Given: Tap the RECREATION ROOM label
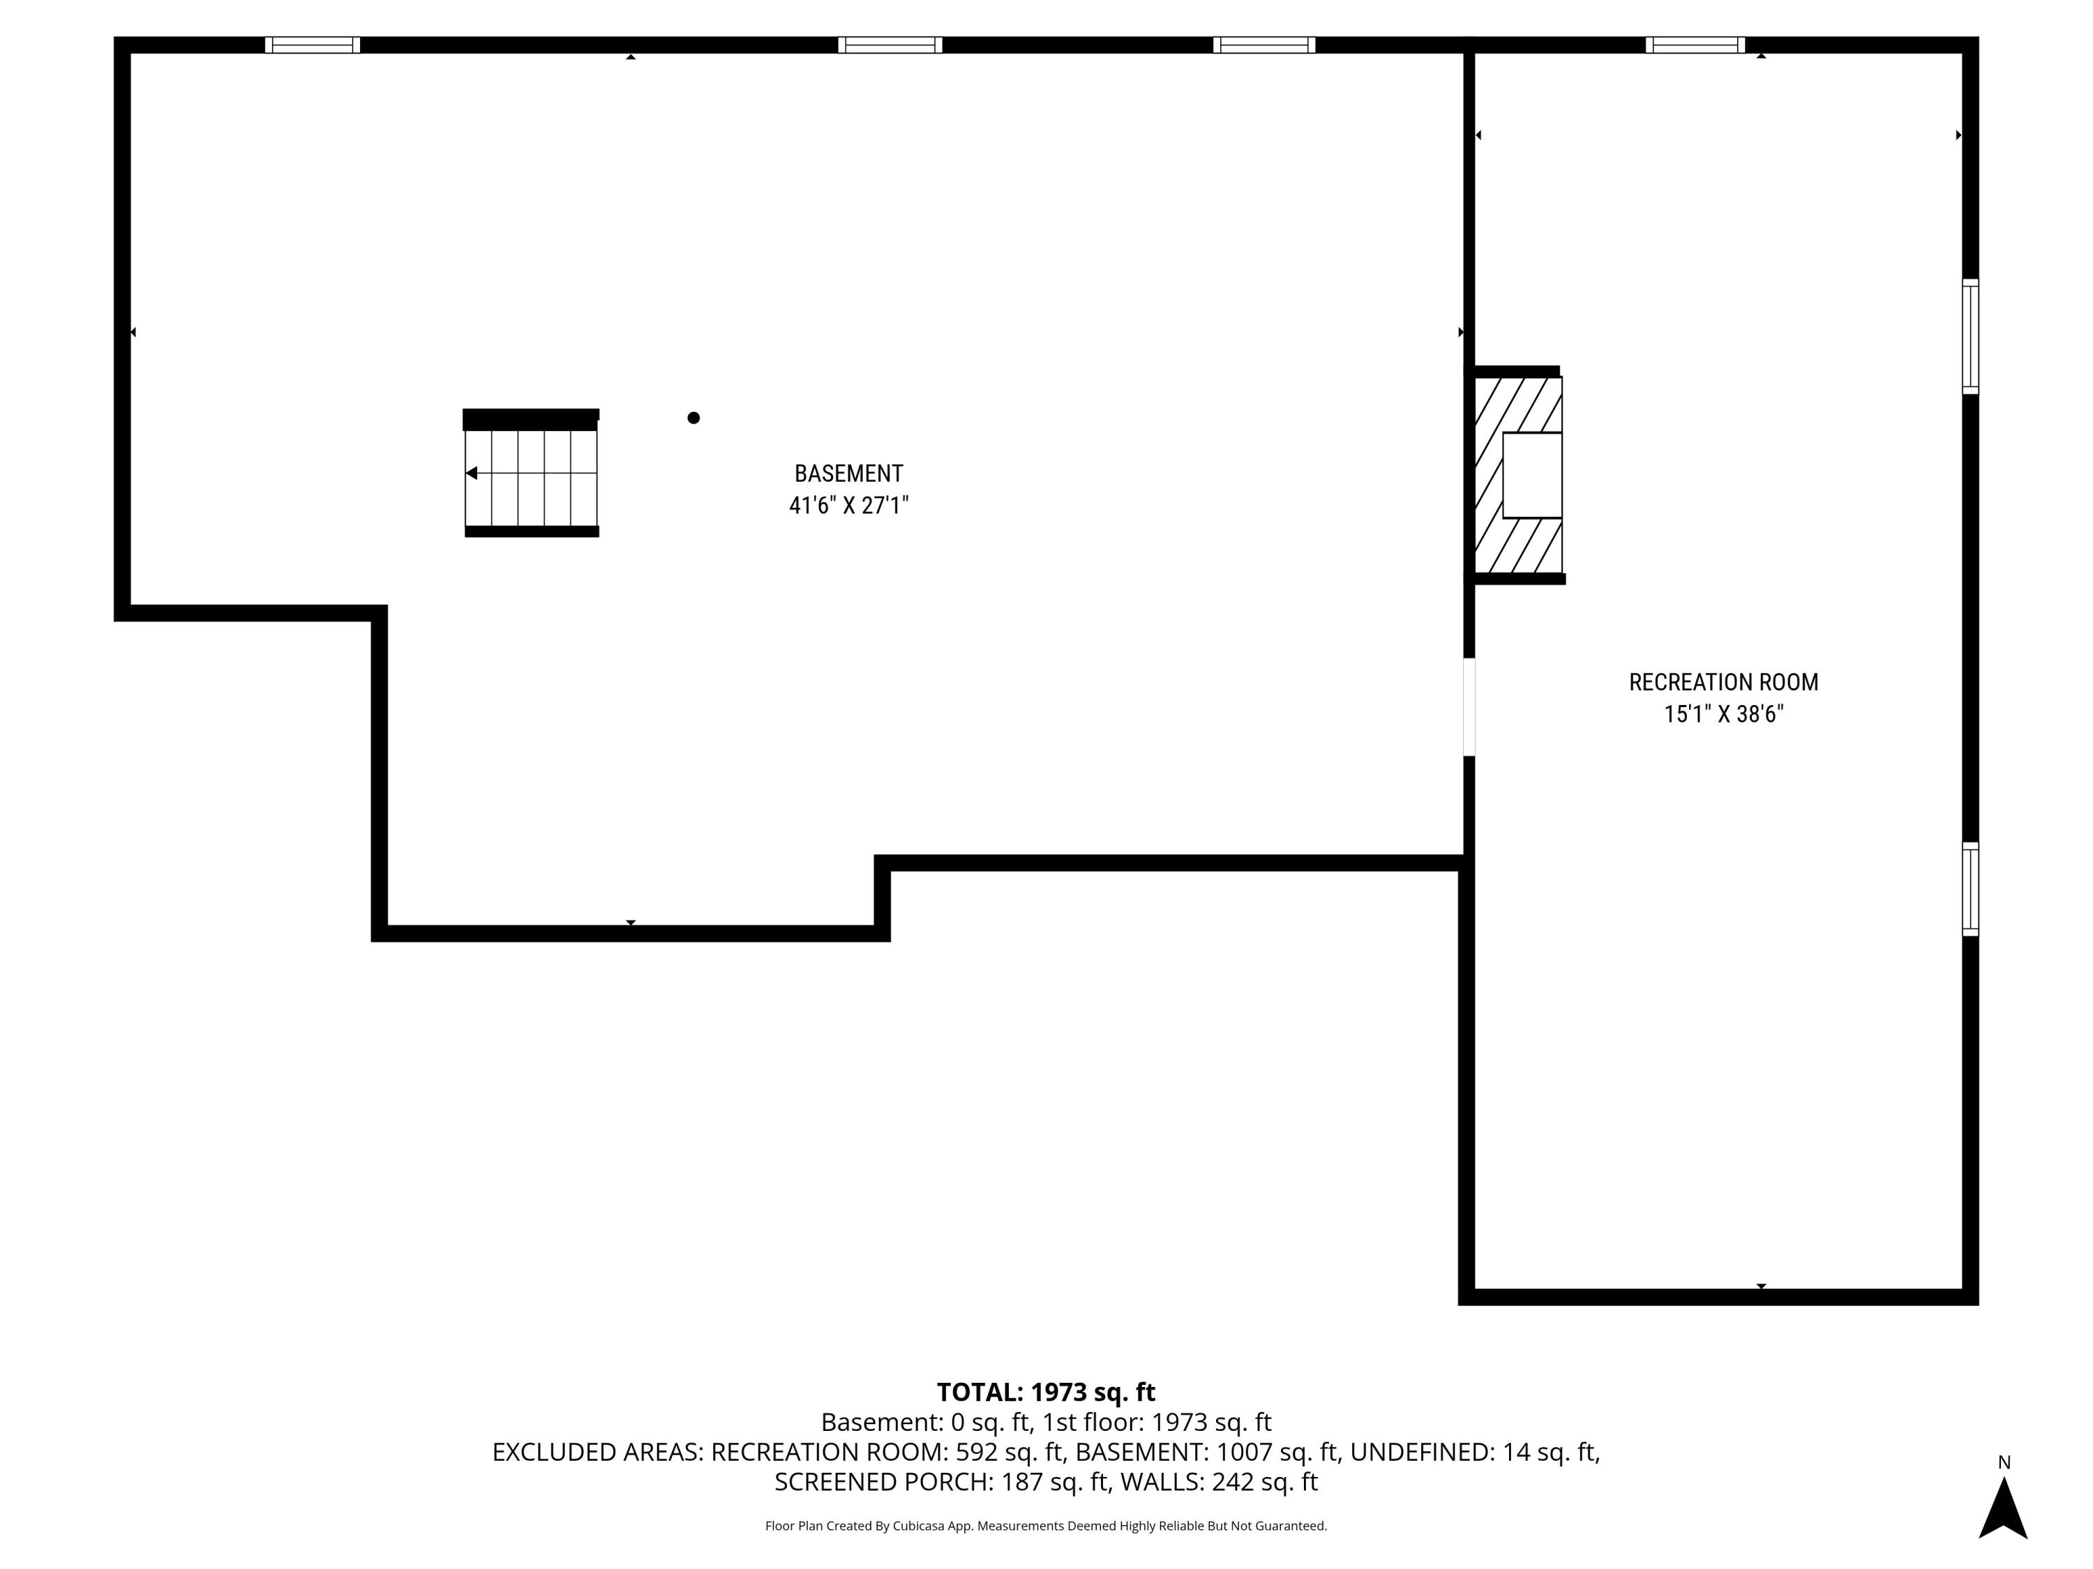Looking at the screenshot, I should (1723, 682).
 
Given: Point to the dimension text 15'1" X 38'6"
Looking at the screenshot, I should (1723, 714).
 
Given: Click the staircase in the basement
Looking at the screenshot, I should (531, 477).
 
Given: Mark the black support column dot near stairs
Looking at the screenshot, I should (693, 418).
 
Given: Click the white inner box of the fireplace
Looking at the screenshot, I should (1532, 475).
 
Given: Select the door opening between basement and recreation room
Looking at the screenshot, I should (1469, 707).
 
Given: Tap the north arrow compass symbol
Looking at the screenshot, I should (2002, 1508).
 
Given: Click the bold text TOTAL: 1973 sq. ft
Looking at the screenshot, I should (1046, 1392).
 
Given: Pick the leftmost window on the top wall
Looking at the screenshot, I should (313, 45).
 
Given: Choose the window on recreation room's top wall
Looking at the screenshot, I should (1695, 45).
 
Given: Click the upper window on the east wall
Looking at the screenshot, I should (1970, 337).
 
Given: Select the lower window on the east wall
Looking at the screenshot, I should (1970, 889).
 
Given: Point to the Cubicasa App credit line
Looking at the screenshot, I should (1046, 1526).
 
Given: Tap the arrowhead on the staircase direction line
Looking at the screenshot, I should (471, 473).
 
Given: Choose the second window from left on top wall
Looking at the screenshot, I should (890, 45).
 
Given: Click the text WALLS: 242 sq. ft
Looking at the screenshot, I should (1219, 1482).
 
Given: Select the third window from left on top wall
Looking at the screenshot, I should (1264, 45).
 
